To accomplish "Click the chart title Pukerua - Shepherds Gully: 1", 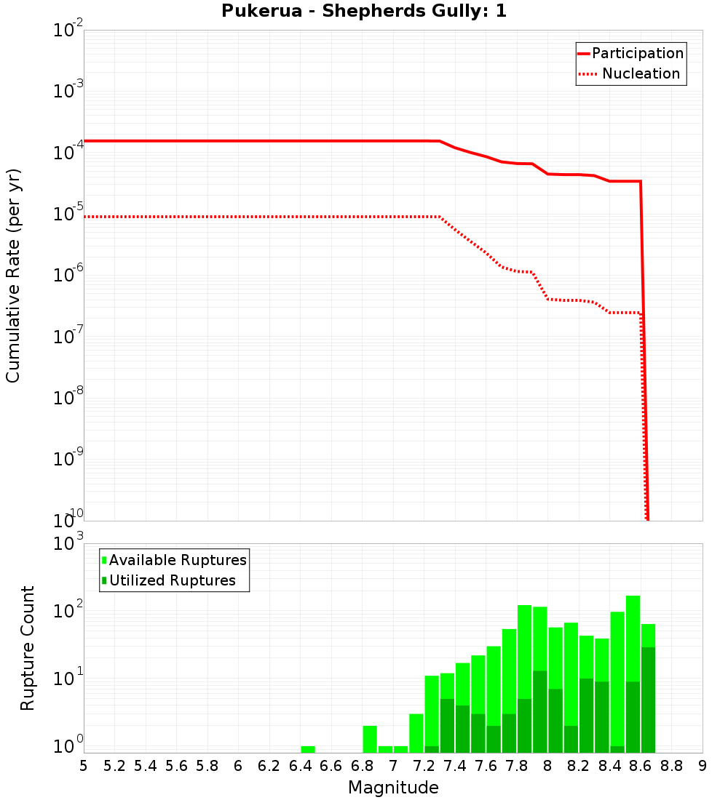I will (x=364, y=12).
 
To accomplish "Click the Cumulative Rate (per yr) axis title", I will (x=13, y=276).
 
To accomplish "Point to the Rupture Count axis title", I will (x=28, y=648).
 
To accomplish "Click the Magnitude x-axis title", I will (x=393, y=788).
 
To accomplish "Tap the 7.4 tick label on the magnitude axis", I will (x=454, y=766).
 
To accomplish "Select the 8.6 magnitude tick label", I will (x=641, y=766).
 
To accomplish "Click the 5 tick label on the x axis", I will (x=84, y=766).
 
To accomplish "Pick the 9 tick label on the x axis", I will (x=703, y=766).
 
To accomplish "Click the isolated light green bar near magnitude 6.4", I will (x=308, y=749).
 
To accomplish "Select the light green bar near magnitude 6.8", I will (x=370, y=739).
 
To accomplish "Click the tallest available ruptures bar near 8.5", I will (x=633, y=633).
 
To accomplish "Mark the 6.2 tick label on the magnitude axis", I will (x=269, y=766).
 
